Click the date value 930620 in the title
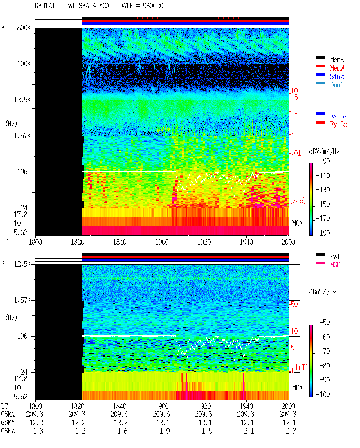tap(153, 6)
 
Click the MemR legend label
tap(337, 60)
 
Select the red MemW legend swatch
tap(320, 66)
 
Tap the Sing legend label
tap(337, 76)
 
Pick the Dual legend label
tap(337, 85)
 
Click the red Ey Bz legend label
tap(339, 125)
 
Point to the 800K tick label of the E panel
tap(24, 28)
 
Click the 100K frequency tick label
tap(24, 64)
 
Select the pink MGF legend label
tap(335, 265)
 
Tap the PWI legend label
tap(335, 256)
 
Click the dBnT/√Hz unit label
tap(323, 292)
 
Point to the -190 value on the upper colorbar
tap(323, 233)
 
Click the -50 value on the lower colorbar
tap(325, 323)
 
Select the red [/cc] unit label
tap(298, 201)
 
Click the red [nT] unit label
tap(302, 367)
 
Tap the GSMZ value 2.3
tap(291, 431)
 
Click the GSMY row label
tap(8, 422)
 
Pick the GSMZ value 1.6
tap(122, 431)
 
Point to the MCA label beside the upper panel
tap(297, 223)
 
